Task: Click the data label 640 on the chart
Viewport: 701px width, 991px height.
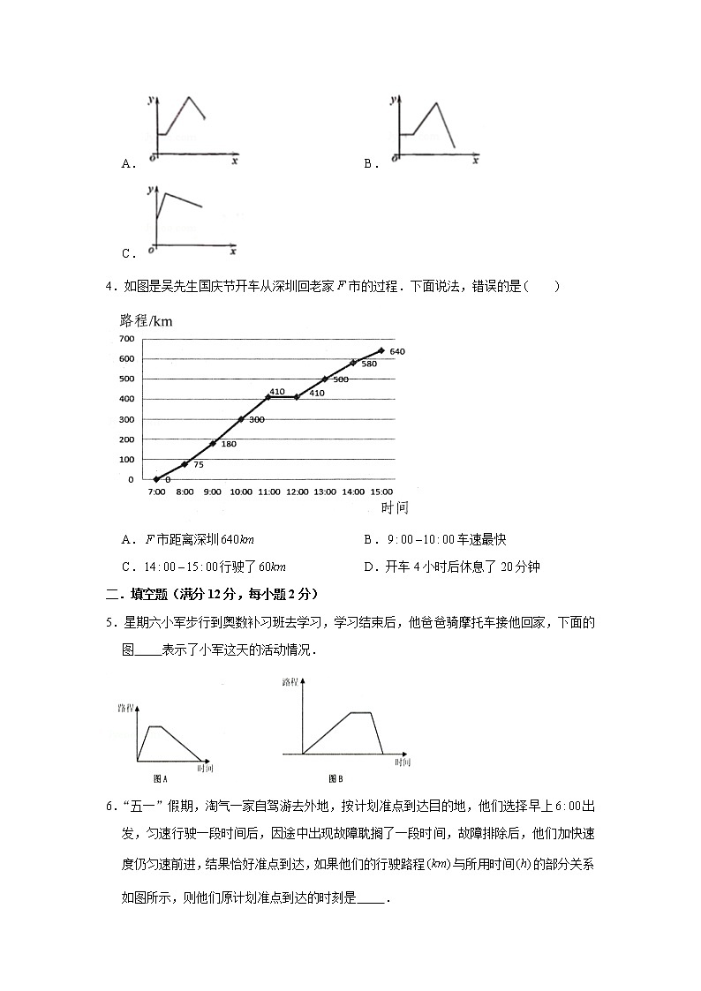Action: (x=396, y=351)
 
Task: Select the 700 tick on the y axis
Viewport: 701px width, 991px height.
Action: (x=124, y=339)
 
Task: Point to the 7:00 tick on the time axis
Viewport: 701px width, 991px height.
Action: (x=156, y=492)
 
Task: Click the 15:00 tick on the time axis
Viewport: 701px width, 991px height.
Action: (x=381, y=492)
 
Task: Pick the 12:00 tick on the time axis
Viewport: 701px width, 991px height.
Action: (x=297, y=492)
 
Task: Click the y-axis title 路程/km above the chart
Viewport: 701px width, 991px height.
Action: (x=145, y=320)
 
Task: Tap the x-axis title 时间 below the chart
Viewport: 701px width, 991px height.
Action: (x=395, y=508)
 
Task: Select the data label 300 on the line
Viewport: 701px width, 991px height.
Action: (x=257, y=419)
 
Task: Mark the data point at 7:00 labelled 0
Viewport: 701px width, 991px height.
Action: (x=156, y=479)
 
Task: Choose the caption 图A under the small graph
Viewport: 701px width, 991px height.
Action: (x=161, y=777)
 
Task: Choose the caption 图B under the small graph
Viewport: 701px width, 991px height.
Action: (x=335, y=777)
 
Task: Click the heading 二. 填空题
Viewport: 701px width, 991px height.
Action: (x=140, y=593)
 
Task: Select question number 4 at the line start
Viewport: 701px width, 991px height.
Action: (x=109, y=286)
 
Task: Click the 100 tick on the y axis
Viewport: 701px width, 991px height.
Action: (x=124, y=460)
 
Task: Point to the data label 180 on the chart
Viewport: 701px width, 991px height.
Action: (x=228, y=444)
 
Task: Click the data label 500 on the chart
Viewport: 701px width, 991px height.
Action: (x=340, y=379)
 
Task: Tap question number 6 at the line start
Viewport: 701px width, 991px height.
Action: (x=109, y=808)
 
